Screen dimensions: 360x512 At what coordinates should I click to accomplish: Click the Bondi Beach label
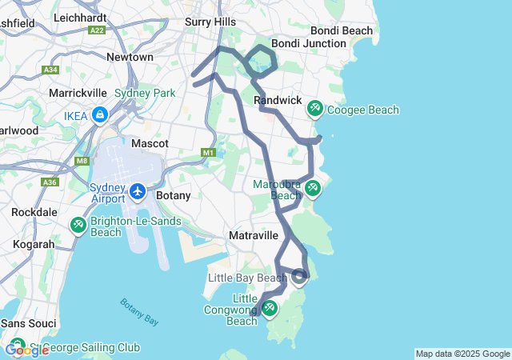coord(346,30)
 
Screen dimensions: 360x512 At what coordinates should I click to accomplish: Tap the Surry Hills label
coord(210,22)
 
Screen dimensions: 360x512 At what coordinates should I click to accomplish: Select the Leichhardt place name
coord(82,17)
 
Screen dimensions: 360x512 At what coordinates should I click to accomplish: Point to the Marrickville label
coord(78,93)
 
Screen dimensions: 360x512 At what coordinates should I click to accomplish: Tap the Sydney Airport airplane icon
coord(138,192)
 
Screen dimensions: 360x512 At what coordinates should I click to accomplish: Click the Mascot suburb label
coord(150,143)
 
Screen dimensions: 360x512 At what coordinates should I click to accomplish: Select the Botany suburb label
coord(173,195)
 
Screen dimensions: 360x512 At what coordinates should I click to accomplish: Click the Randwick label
coord(278,100)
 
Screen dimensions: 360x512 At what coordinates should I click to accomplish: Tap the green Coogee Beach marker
coord(315,107)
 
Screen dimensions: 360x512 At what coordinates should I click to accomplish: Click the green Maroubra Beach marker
coord(312,188)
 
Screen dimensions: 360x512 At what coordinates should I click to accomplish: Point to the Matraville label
coord(254,235)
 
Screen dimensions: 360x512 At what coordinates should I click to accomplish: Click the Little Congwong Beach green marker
coord(270,307)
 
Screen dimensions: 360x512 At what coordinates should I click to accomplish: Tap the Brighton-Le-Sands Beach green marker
coord(78,225)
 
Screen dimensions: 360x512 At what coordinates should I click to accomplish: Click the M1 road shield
coord(209,152)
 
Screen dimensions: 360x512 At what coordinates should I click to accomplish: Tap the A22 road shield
coord(98,30)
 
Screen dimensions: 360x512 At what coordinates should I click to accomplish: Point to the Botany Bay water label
coord(139,312)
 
